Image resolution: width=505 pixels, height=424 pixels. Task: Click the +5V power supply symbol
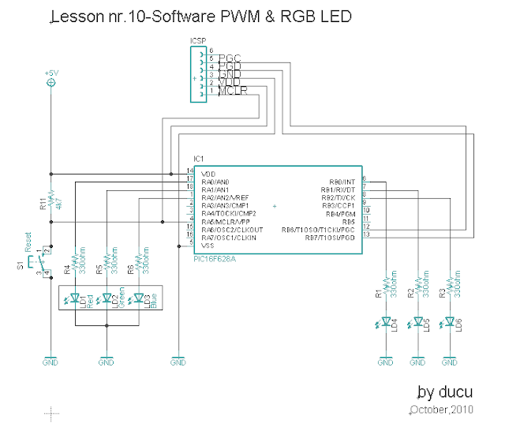(51, 81)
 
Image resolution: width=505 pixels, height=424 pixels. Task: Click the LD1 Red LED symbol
(75, 298)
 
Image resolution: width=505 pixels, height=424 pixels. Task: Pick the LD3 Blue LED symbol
(138, 298)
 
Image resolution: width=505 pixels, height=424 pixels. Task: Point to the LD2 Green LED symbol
(107, 298)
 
